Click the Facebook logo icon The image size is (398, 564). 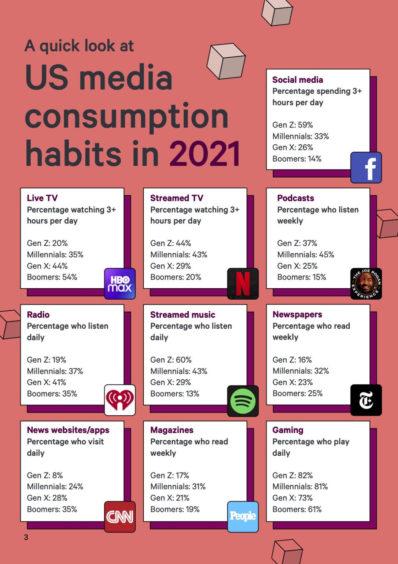pyautogui.click(x=366, y=167)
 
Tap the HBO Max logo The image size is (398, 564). pyautogui.click(x=120, y=284)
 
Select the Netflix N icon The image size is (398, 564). pyautogui.click(x=243, y=284)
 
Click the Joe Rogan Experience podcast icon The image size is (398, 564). pyautogui.click(x=366, y=284)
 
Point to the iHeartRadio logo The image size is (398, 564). pyautogui.click(x=120, y=400)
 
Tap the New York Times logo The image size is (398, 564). pyautogui.click(x=366, y=400)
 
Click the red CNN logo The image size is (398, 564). pyautogui.click(x=120, y=517)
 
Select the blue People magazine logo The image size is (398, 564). pyautogui.click(x=243, y=517)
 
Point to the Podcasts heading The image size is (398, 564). pyautogui.click(x=295, y=198)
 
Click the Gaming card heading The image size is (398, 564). pyautogui.click(x=288, y=430)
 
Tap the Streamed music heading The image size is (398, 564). pyautogui.click(x=183, y=315)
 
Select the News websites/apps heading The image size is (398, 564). pyautogui.click(x=68, y=430)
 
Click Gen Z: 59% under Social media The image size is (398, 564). pyautogui.click(x=292, y=125)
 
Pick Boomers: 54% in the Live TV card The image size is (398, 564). pyautogui.click(x=52, y=277)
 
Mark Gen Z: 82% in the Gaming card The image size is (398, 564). pyautogui.click(x=292, y=476)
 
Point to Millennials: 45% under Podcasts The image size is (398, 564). pyautogui.click(x=306, y=254)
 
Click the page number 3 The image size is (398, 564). pyautogui.click(x=26, y=537)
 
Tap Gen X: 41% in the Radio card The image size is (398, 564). pyautogui.click(x=47, y=382)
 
